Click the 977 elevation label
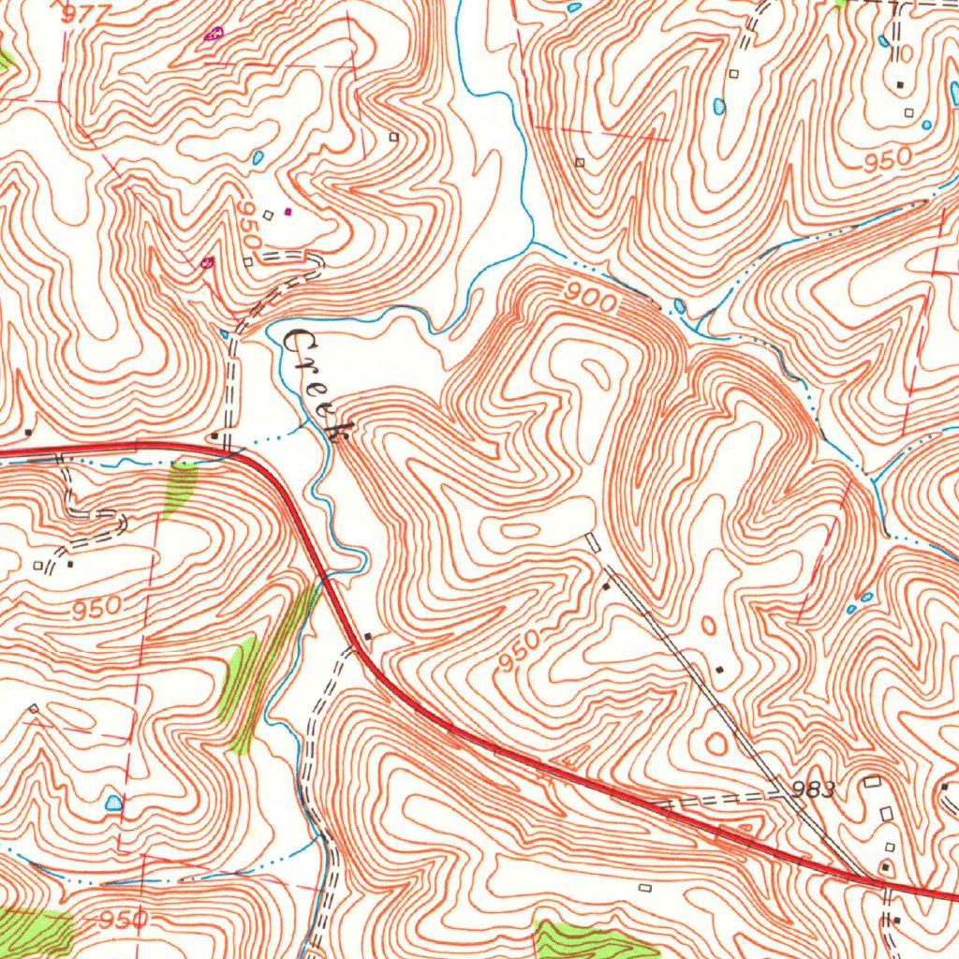tap(89, 12)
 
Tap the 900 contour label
tap(591, 301)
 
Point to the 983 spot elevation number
tap(812, 790)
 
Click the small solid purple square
tap(288, 211)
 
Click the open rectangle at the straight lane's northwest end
tap(592, 540)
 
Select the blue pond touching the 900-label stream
tap(679, 306)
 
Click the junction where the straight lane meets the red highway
tap(862, 878)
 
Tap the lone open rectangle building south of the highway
tap(644, 886)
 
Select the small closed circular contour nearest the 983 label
tap(716, 744)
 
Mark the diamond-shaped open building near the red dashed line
tap(34, 709)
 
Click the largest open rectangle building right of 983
tap(873, 781)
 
